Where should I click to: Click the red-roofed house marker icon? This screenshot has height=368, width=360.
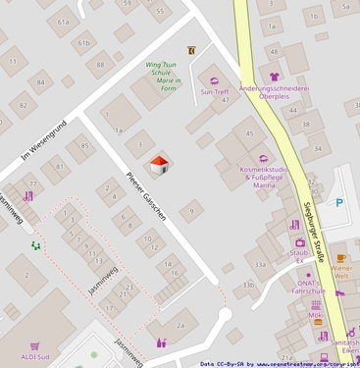tap(159, 164)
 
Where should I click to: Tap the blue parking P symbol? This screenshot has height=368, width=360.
tap(339, 203)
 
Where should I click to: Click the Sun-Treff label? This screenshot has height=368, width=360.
tap(214, 92)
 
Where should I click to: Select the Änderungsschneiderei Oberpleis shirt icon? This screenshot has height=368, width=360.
tap(275, 76)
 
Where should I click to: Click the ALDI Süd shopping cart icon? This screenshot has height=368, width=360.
tap(34, 346)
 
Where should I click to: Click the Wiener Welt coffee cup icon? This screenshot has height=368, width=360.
tap(341, 257)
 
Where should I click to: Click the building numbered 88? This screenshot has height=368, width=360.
tap(99, 66)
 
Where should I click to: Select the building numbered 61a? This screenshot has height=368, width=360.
tap(65, 21)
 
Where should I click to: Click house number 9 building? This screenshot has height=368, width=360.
tap(191, 209)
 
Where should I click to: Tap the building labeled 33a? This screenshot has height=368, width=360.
tap(260, 264)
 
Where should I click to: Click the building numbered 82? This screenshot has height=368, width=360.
tap(22, 105)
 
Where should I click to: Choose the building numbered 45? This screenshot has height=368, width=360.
tap(250, 133)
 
